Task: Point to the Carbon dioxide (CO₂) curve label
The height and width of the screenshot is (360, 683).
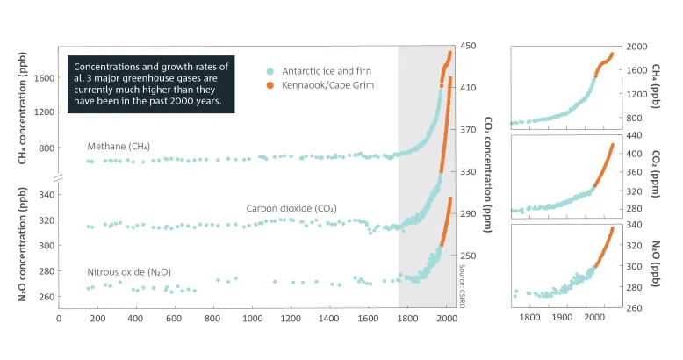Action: (x=291, y=209)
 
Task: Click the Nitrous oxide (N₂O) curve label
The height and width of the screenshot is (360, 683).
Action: (x=129, y=272)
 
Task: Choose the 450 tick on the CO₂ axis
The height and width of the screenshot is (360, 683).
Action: (x=469, y=47)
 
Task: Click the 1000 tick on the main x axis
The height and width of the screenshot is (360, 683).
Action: (x=254, y=319)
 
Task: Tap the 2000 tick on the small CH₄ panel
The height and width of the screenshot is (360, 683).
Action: (x=636, y=47)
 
